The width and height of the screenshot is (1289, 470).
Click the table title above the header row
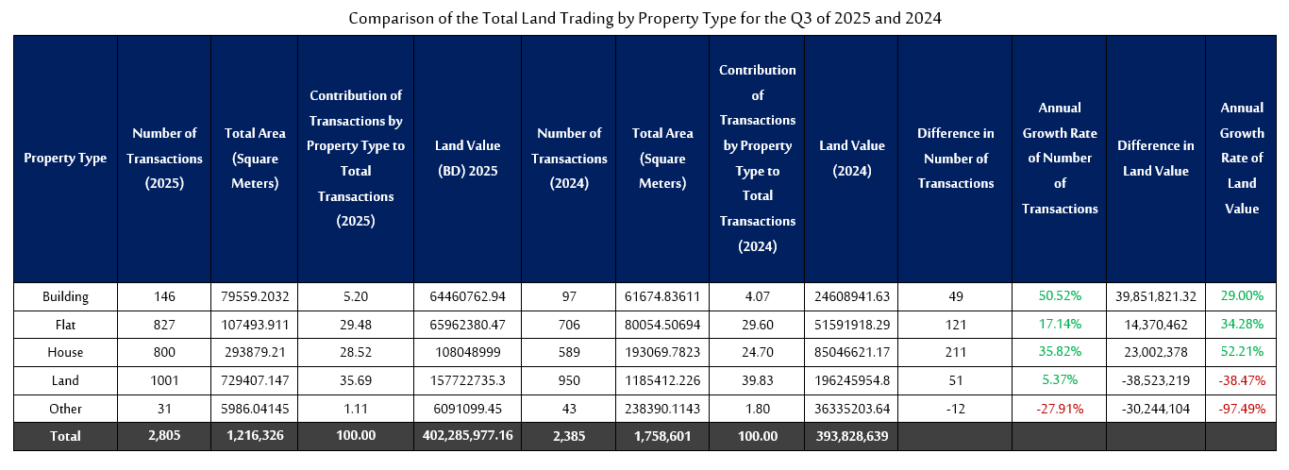point(644,19)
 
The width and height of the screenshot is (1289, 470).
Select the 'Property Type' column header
point(65,159)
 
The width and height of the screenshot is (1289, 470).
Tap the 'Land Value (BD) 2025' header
point(468,159)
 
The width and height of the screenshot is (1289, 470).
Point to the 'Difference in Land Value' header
point(1156,159)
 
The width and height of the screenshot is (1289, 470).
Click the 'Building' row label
point(65,296)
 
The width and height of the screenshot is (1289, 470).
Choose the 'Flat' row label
point(65,325)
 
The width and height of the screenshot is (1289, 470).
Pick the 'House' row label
point(65,352)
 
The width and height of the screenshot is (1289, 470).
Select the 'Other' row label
point(65,409)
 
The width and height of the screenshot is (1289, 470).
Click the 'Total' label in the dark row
point(65,436)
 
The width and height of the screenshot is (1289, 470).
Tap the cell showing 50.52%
point(1060,296)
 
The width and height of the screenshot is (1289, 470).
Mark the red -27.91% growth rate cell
point(1060,409)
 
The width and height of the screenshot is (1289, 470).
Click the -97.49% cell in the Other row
point(1242,409)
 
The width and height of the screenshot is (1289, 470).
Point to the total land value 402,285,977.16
point(468,436)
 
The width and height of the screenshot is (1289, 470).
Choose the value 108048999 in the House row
point(468,352)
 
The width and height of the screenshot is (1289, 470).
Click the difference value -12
point(955,409)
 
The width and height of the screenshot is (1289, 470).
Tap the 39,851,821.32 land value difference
point(1156,296)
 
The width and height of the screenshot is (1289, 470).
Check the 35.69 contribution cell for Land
point(356,380)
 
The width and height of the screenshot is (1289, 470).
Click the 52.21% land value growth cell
point(1242,352)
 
